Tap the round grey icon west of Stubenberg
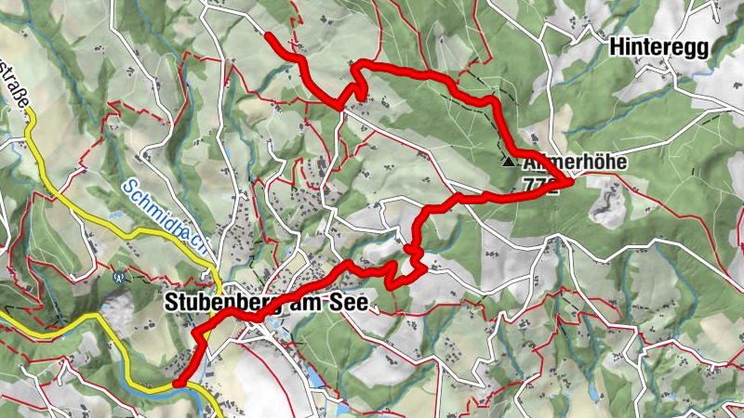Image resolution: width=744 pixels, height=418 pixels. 118,276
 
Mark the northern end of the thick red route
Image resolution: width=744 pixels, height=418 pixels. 269,35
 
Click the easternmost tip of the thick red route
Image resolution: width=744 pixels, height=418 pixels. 569,181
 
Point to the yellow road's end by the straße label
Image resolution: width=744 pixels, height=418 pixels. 28,110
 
